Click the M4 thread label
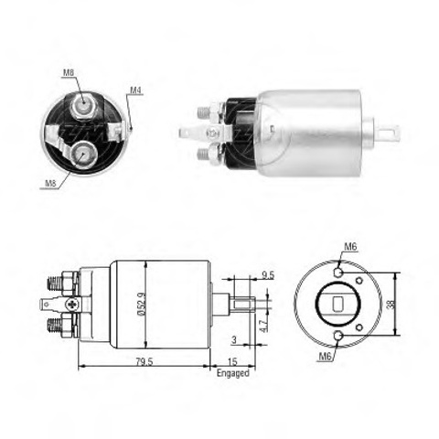click(x=136, y=91)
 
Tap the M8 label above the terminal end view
click(x=69, y=72)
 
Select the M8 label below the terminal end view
click(x=50, y=183)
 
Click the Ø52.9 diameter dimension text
click(x=142, y=304)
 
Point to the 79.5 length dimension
click(x=145, y=361)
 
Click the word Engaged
click(x=233, y=373)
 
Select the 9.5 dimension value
click(x=268, y=275)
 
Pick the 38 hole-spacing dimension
click(x=391, y=304)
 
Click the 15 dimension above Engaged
click(x=232, y=361)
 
